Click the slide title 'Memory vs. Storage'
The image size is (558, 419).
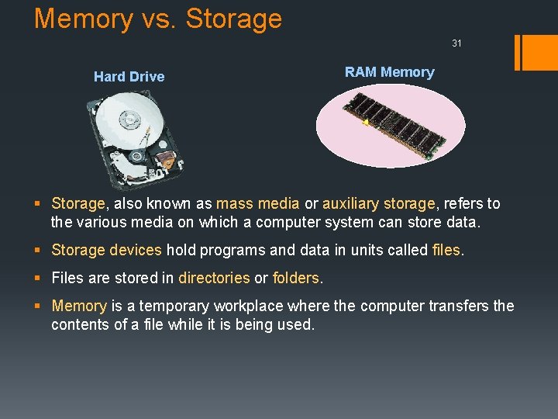158,19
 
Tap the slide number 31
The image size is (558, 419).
456,43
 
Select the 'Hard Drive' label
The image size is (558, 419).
129,76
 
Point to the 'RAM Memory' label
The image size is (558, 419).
389,72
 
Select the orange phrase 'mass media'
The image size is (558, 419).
257,203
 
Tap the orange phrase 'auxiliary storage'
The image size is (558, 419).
379,203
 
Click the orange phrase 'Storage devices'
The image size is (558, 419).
106,250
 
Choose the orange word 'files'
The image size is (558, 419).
446,250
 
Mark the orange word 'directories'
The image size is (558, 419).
214,278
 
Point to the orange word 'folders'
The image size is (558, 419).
295,278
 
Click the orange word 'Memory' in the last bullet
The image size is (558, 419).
79,306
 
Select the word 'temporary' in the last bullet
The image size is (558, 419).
169,306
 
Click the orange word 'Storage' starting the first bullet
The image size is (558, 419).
77,203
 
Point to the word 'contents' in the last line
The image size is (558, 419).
81,324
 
